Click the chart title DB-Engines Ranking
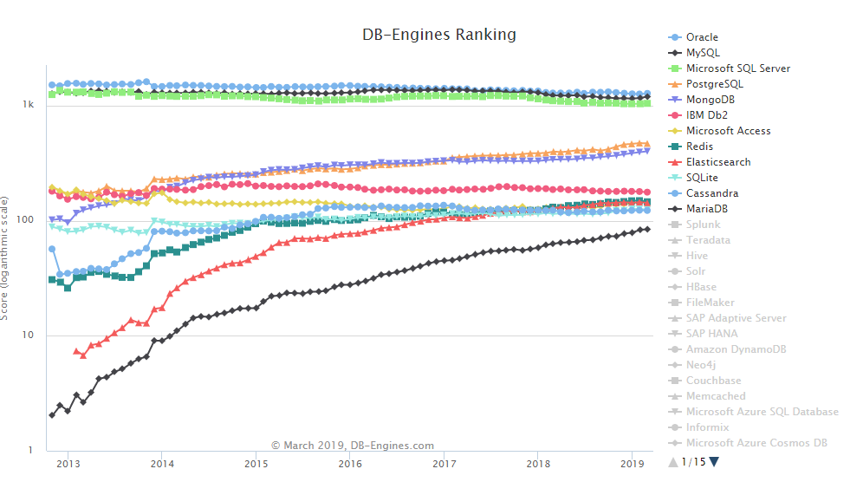click(438, 36)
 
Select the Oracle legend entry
click(701, 37)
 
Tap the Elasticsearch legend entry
click(718, 162)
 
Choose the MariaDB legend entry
click(707, 209)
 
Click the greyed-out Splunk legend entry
click(703, 225)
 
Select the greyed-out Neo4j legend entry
click(700, 365)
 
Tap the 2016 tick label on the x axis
click(350, 465)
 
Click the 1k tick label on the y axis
click(29, 105)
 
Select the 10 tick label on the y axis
click(29, 335)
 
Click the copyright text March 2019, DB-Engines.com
click(353, 446)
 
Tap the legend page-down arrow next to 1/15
click(714, 462)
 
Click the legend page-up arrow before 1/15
click(672, 462)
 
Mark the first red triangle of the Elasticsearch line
click(76, 351)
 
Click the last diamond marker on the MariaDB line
click(647, 229)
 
